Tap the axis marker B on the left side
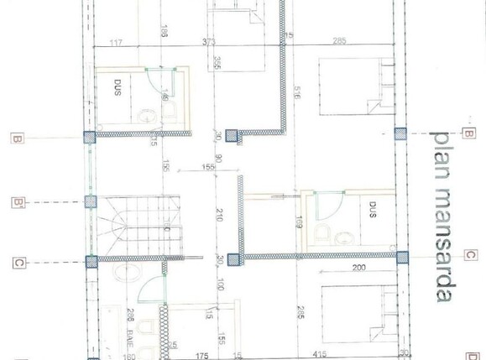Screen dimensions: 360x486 pyautogui.click(x=17, y=138)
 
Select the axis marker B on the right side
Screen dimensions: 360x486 pyautogui.click(x=468, y=133)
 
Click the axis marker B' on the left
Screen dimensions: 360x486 pyautogui.click(x=18, y=202)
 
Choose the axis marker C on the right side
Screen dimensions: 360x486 pyautogui.click(x=470, y=255)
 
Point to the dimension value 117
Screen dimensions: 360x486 pyautogui.click(x=116, y=42)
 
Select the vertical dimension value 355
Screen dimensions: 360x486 pyautogui.click(x=217, y=64)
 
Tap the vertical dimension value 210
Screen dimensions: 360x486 pyautogui.click(x=219, y=214)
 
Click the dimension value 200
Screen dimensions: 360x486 pyautogui.click(x=358, y=268)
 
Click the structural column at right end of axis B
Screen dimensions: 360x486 pyautogui.click(x=400, y=133)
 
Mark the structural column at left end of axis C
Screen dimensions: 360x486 pyautogui.click(x=91, y=261)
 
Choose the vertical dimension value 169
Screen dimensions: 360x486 pyautogui.click(x=299, y=222)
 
